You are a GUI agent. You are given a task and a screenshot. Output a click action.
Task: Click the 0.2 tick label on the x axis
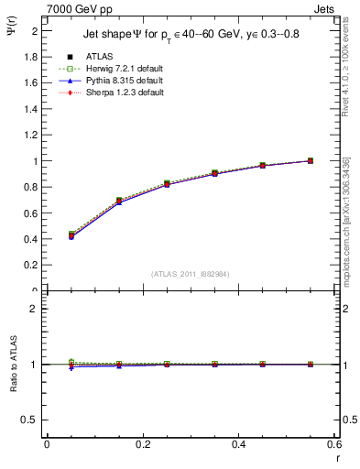(142, 444)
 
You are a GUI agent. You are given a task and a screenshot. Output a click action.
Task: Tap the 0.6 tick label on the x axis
(333, 444)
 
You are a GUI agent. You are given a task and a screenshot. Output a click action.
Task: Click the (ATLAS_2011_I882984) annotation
(191, 274)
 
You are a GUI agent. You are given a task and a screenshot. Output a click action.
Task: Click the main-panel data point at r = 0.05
(71, 235)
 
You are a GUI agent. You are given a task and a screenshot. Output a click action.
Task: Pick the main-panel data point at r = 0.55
(311, 161)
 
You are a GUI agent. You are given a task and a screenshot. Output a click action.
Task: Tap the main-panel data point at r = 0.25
(167, 184)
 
